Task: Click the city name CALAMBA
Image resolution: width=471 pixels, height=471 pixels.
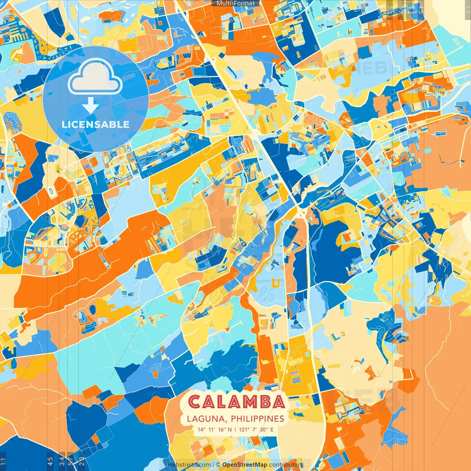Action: [237, 402]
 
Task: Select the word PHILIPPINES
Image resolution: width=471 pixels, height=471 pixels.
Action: [258, 419]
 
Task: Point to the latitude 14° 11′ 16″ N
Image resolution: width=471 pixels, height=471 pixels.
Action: [215, 429]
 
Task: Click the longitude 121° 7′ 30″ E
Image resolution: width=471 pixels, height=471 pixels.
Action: [256, 429]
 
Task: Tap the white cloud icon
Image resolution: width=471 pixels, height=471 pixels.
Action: [95, 77]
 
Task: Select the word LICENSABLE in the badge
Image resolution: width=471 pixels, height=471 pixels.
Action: [96, 124]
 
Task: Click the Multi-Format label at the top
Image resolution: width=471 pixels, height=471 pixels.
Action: [235, 3]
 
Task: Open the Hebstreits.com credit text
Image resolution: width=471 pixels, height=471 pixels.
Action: [189, 465]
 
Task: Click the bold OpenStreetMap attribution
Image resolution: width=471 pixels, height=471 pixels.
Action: [245, 465]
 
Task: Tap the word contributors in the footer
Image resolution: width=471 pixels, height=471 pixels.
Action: [286, 465]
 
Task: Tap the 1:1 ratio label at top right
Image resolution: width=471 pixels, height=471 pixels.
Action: [467, 9]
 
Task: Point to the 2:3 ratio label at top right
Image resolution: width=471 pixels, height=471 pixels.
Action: [389, 9]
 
